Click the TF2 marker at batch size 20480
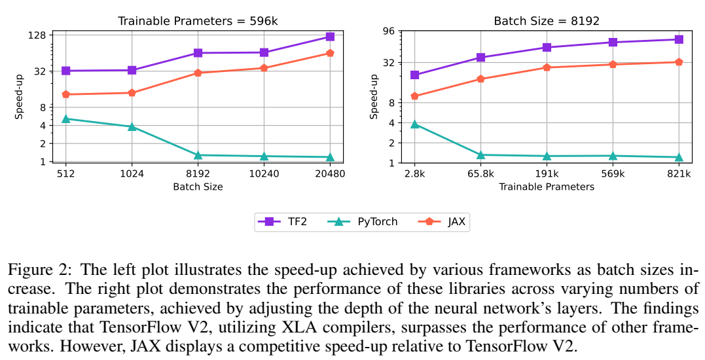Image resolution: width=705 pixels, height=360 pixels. pyautogui.click(x=330, y=37)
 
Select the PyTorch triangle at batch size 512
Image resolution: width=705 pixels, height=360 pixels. pyautogui.click(x=65, y=118)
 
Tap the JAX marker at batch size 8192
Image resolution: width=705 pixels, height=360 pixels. pyautogui.click(x=198, y=73)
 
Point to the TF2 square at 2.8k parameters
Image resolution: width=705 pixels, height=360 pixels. pyautogui.click(x=414, y=75)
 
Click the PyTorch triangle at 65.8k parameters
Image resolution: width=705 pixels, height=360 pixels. pyautogui.click(x=480, y=155)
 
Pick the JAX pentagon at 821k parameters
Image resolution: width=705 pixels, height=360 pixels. pyautogui.click(x=679, y=62)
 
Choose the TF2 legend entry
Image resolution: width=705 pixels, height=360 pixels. pyautogui.click(x=285, y=222)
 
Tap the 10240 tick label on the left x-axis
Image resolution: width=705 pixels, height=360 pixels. pyautogui.click(x=264, y=174)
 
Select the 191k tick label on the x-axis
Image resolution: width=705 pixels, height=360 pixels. pyautogui.click(x=547, y=175)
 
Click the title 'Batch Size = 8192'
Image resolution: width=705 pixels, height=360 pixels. pyautogui.click(x=547, y=21)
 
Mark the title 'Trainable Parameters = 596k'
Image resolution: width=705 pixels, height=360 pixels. pyautogui.click(x=198, y=21)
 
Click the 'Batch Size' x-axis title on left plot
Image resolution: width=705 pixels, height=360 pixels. pyautogui.click(x=198, y=187)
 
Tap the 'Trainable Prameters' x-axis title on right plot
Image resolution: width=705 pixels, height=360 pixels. pyautogui.click(x=547, y=187)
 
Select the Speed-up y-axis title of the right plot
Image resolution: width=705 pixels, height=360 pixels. pyautogui.click(x=374, y=96)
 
